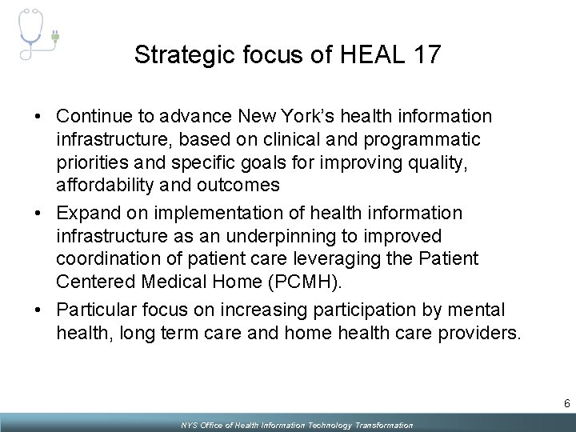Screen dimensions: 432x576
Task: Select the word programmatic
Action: click(x=420, y=139)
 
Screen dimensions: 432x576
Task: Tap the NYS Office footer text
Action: click(x=296, y=425)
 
